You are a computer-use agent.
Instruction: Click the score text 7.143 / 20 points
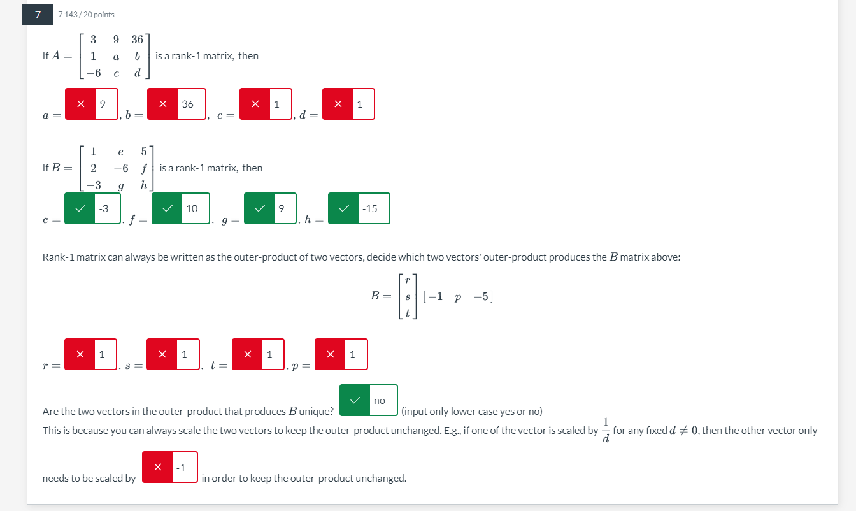click(86, 15)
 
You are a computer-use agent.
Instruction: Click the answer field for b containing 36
click(191, 104)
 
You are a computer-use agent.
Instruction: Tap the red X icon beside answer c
click(255, 104)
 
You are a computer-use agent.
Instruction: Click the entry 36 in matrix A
click(137, 40)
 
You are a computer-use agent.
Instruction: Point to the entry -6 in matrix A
click(94, 73)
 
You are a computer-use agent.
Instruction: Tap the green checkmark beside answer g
click(260, 208)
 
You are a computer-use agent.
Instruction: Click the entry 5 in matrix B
click(144, 152)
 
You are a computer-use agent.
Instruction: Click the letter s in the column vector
click(408, 296)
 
